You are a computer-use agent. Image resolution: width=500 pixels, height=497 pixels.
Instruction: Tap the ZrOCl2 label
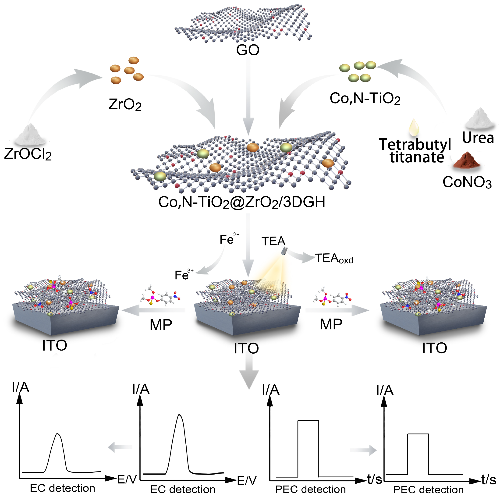coord(28,154)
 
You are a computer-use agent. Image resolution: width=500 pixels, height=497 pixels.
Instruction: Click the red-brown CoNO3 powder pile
coord(466,160)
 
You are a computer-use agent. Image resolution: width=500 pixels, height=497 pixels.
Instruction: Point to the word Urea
coord(478,138)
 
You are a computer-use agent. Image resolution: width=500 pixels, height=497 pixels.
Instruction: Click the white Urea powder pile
coord(480,119)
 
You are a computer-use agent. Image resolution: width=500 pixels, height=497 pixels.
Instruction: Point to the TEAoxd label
coord(334,258)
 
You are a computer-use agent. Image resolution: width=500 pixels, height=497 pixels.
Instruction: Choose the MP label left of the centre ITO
coord(161,325)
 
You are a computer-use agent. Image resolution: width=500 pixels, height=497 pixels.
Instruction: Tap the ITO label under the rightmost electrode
coord(434,348)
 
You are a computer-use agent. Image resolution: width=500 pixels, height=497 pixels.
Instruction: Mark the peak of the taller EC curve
coord(179,415)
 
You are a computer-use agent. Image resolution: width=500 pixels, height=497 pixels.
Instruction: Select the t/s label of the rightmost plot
coord(489,480)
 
